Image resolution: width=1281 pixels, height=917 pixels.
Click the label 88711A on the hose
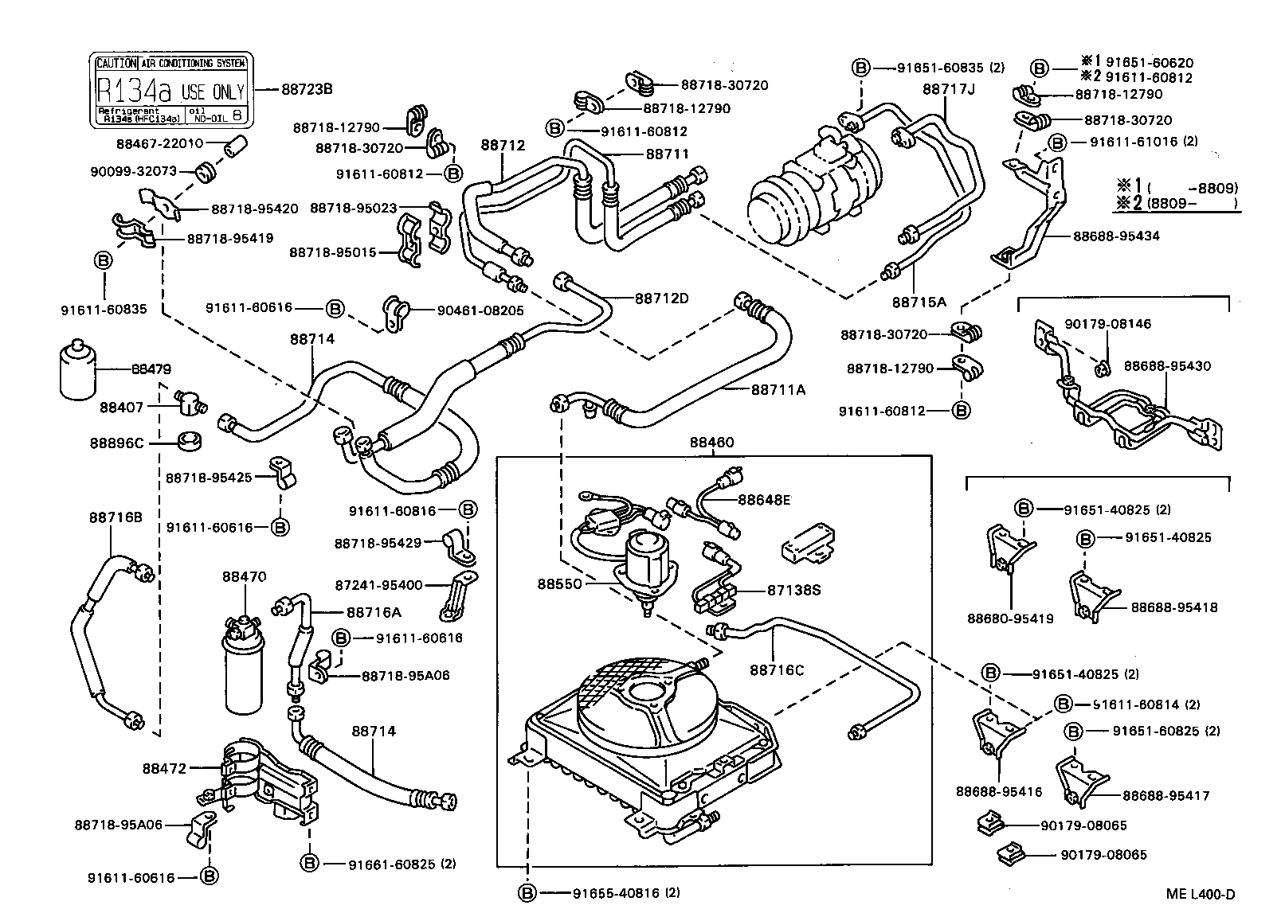[x=778, y=389]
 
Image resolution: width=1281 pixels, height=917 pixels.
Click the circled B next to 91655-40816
[x=527, y=893]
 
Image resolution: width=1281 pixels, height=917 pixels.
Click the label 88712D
[x=661, y=299]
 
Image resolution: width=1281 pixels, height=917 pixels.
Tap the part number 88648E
[x=764, y=500]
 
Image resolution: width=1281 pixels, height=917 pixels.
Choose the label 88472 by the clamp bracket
[x=165, y=768]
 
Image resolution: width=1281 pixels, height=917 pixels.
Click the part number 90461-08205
[x=480, y=310]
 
